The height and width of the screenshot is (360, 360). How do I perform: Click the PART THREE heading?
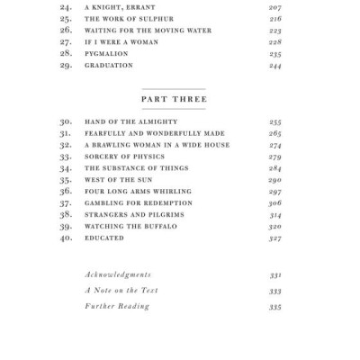click(x=175, y=99)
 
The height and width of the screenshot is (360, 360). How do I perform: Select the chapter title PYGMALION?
click(x=107, y=53)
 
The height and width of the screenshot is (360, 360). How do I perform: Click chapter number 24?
click(x=65, y=6)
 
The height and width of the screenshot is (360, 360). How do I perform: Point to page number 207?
click(x=274, y=6)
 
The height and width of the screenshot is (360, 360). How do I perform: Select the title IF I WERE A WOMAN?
click(x=121, y=41)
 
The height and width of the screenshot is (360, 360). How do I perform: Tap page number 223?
click(x=274, y=30)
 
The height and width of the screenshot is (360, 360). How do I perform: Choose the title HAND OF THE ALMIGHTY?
click(x=130, y=121)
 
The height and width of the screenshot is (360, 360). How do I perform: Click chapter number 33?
click(x=65, y=156)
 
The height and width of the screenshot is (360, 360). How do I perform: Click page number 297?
click(x=274, y=191)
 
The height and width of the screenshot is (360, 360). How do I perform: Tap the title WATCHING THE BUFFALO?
click(x=130, y=226)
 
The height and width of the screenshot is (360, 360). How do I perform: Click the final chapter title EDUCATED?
click(x=104, y=238)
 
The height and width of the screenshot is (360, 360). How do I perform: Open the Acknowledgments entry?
click(x=118, y=274)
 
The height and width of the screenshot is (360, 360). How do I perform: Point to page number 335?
click(x=274, y=307)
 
